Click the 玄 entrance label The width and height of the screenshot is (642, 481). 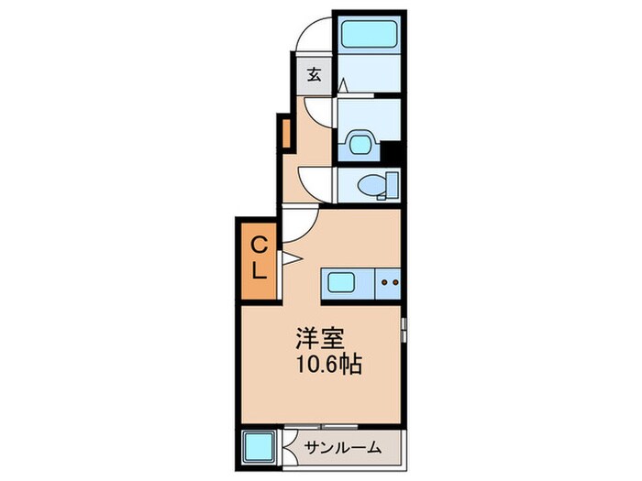pyautogui.click(x=314, y=74)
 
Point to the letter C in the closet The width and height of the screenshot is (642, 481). pyautogui.click(x=260, y=244)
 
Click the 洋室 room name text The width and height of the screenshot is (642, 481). pyautogui.click(x=313, y=338)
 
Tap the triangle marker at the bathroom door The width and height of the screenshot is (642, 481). pyautogui.click(x=343, y=85)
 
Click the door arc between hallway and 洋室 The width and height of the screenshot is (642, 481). pyautogui.click(x=301, y=223)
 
